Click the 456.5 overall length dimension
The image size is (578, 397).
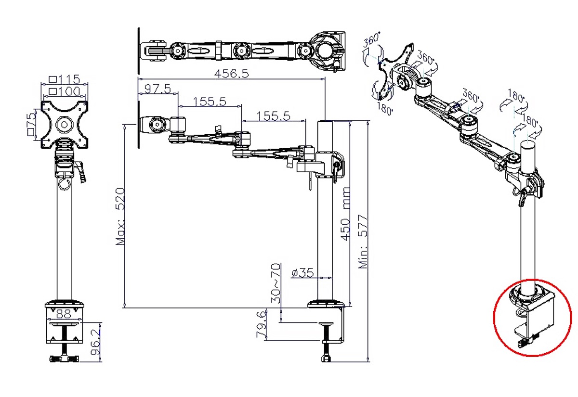[232, 74]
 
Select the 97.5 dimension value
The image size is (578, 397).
[158, 89]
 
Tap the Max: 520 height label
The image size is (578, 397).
[120, 216]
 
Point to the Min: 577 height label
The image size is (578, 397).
[363, 241]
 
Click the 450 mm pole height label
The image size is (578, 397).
[345, 214]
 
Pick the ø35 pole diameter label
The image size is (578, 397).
[302, 272]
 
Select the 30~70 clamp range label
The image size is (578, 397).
[276, 283]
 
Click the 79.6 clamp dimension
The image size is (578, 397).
[261, 324]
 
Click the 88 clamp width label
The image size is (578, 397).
[64, 314]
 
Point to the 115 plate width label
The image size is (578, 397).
[65, 79]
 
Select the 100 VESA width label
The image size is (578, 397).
[65, 91]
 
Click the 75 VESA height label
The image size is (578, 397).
[31, 124]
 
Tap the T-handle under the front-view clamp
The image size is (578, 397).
[65, 359]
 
